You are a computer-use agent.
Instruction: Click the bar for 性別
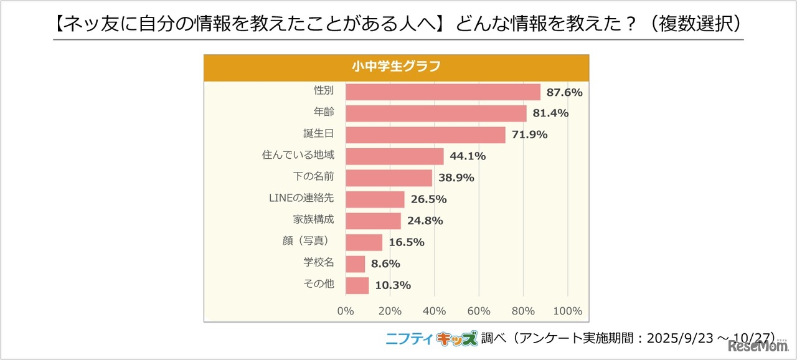(443, 92)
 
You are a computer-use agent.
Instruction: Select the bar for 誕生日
(425, 135)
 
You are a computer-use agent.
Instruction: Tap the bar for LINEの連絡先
(375, 199)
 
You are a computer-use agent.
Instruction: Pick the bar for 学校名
(355, 264)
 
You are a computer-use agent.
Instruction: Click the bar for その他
(357, 285)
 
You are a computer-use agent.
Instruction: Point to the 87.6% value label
(564, 92)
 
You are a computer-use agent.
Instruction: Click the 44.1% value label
(468, 156)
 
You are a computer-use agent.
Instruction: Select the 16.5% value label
(406, 242)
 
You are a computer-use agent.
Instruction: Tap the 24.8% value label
(425, 220)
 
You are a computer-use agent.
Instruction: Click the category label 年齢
(324, 112)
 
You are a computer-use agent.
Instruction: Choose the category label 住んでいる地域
(298, 155)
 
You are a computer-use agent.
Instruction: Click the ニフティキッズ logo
(432, 338)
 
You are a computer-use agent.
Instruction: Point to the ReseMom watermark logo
(762, 346)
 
